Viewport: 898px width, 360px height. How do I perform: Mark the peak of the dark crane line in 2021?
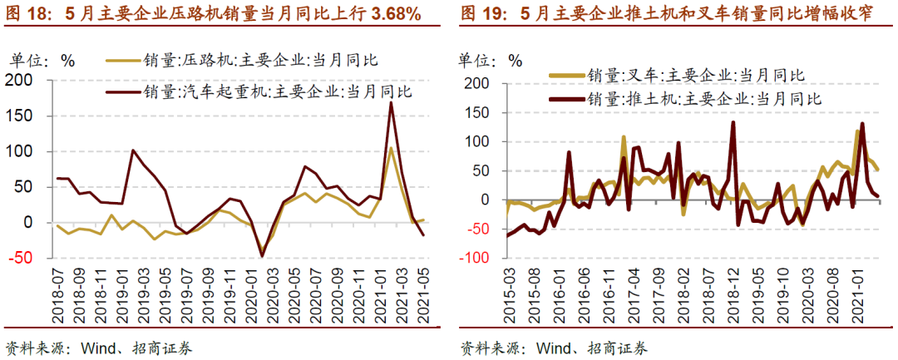pyautogui.click(x=391, y=103)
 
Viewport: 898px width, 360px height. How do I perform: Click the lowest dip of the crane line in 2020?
pyautogui.click(x=263, y=256)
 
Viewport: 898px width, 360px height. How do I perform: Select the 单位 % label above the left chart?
pyautogui.click(x=42, y=60)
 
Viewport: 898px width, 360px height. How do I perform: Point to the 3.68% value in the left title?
pyautogui.click(x=391, y=15)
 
